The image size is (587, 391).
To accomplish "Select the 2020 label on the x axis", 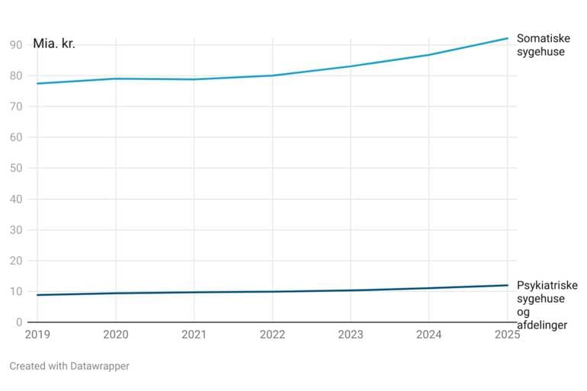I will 115,334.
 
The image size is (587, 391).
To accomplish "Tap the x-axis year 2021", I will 194,334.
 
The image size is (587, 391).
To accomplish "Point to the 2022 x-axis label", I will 272,334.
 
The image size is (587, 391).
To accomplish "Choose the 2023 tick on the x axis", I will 351,334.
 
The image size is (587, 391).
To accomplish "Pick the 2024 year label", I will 429,334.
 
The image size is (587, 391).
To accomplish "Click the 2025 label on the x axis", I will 507,334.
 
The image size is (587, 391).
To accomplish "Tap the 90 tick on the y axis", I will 15,45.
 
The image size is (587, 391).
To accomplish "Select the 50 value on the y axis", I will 15,168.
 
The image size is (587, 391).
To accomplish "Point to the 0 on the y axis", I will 18,322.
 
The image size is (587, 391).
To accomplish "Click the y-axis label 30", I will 15,230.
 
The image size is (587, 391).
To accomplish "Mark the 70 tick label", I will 15,107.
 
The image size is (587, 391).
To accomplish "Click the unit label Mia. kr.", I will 54,43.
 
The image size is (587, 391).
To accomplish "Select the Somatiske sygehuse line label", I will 541,45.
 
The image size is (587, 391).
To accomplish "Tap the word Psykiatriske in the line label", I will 547,286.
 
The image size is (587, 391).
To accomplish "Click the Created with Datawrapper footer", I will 69,366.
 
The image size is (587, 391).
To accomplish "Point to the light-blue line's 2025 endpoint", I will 508,38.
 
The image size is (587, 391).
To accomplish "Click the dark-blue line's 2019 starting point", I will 37,295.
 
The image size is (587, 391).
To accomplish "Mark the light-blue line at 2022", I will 272,75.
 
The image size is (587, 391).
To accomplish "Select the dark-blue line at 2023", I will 351,290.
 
